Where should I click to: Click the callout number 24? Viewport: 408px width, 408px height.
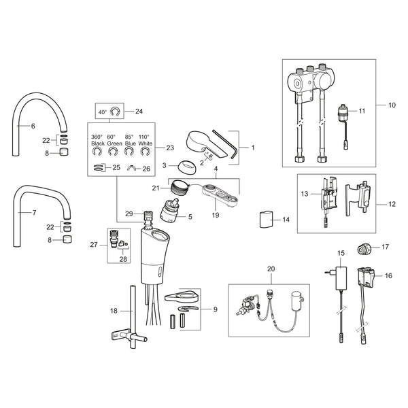tap(139, 112)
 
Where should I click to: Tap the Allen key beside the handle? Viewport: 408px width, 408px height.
tap(224, 144)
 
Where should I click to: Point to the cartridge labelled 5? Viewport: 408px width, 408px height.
tap(169, 211)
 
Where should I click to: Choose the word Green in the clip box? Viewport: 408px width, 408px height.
tap(114, 143)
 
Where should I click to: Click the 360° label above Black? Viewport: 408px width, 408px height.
tap(97, 137)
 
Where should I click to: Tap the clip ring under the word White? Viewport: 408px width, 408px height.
tap(146, 152)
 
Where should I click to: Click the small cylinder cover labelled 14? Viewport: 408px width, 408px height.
tap(266, 220)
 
